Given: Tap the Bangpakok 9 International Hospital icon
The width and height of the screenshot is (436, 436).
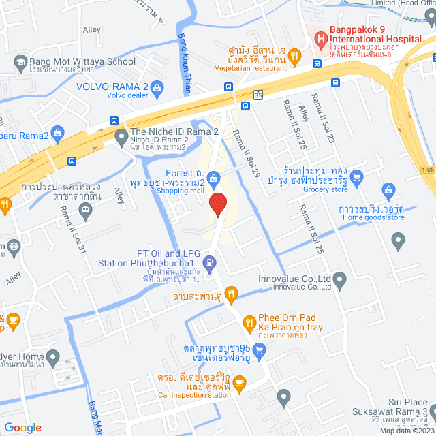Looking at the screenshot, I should tap(318, 40).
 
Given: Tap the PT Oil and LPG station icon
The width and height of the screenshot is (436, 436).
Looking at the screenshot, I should tap(211, 261).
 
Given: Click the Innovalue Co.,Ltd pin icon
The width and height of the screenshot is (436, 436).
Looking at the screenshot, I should tap(340, 279).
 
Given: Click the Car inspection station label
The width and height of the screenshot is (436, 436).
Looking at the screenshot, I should tap(194, 395).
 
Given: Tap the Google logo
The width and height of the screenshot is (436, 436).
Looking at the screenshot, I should tap(23, 427).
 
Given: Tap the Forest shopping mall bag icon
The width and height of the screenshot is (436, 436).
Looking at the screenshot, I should tap(214, 178).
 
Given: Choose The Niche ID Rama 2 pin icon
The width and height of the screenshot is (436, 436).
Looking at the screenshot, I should tap(121, 136).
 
